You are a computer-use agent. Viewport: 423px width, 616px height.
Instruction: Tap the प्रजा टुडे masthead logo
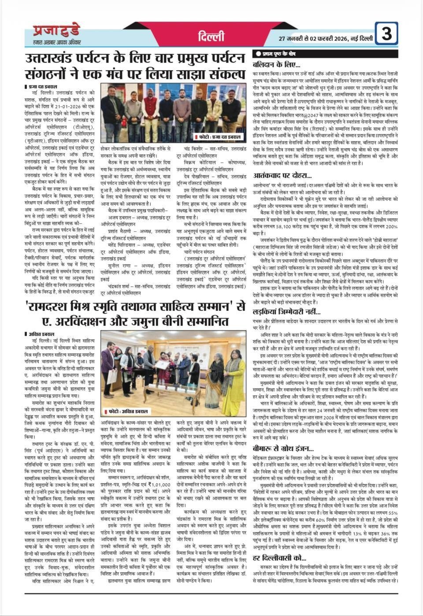(56, 30)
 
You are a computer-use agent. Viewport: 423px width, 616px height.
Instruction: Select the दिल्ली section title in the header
(211, 36)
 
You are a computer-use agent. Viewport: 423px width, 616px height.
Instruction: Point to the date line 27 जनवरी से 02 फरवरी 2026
(326, 38)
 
